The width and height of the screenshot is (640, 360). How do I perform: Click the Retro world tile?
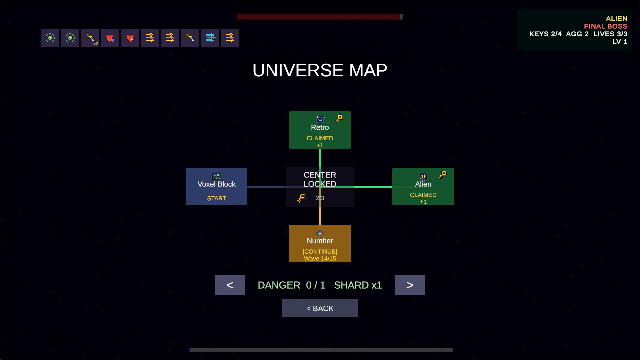[320, 130]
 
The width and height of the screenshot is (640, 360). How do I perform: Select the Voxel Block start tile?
[216, 187]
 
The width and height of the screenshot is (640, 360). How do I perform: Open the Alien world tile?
[423, 187]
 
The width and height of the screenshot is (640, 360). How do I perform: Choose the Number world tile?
[320, 243]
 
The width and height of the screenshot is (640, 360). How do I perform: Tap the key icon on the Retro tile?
[339, 118]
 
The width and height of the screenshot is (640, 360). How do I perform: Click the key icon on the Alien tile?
[443, 175]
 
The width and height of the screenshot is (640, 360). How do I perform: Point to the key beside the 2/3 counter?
[301, 198]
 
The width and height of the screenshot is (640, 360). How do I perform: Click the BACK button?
[320, 308]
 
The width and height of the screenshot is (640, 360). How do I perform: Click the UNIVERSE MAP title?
[320, 70]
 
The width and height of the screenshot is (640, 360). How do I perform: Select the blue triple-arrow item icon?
[210, 38]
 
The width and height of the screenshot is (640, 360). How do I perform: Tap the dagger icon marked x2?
[90, 38]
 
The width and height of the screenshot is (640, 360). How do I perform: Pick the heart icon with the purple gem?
[110, 38]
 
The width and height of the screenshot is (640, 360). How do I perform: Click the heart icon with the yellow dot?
[130, 38]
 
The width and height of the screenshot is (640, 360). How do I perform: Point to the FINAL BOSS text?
[606, 26]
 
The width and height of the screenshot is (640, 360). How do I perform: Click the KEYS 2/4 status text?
[545, 34]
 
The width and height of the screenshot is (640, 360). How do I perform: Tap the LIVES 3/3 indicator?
[610, 34]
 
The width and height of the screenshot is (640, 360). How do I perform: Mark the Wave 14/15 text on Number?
[320, 259]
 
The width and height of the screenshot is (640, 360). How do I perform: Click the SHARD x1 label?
[358, 285]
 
